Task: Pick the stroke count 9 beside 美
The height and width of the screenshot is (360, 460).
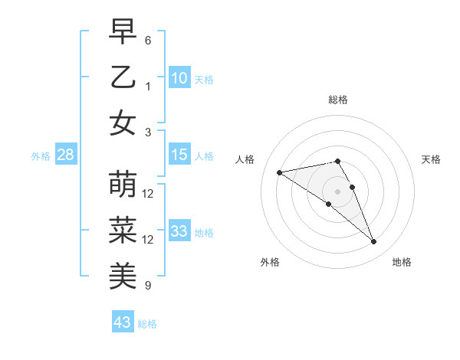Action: (x=148, y=286)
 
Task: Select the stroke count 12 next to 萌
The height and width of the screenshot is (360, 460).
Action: (x=148, y=193)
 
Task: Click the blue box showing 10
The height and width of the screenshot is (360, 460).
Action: (x=179, y=77)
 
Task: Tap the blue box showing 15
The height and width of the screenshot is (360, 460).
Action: (x=179, y=155)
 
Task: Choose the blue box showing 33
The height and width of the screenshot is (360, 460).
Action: (x=179, y=231)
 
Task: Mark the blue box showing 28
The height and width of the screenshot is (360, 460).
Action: (x=66, y=155)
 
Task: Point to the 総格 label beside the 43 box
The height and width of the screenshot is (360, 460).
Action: (x=148, y=324)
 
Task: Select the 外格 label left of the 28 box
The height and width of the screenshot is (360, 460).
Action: (x=41, y=156)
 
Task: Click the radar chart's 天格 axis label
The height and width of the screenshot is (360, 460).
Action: (x=432, y=159)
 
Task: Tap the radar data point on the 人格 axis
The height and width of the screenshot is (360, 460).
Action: (x=280, y=172)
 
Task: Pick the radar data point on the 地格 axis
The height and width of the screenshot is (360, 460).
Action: (x=374, y=242)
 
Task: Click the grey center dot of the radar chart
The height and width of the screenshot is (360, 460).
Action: (x=337, y=191)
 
